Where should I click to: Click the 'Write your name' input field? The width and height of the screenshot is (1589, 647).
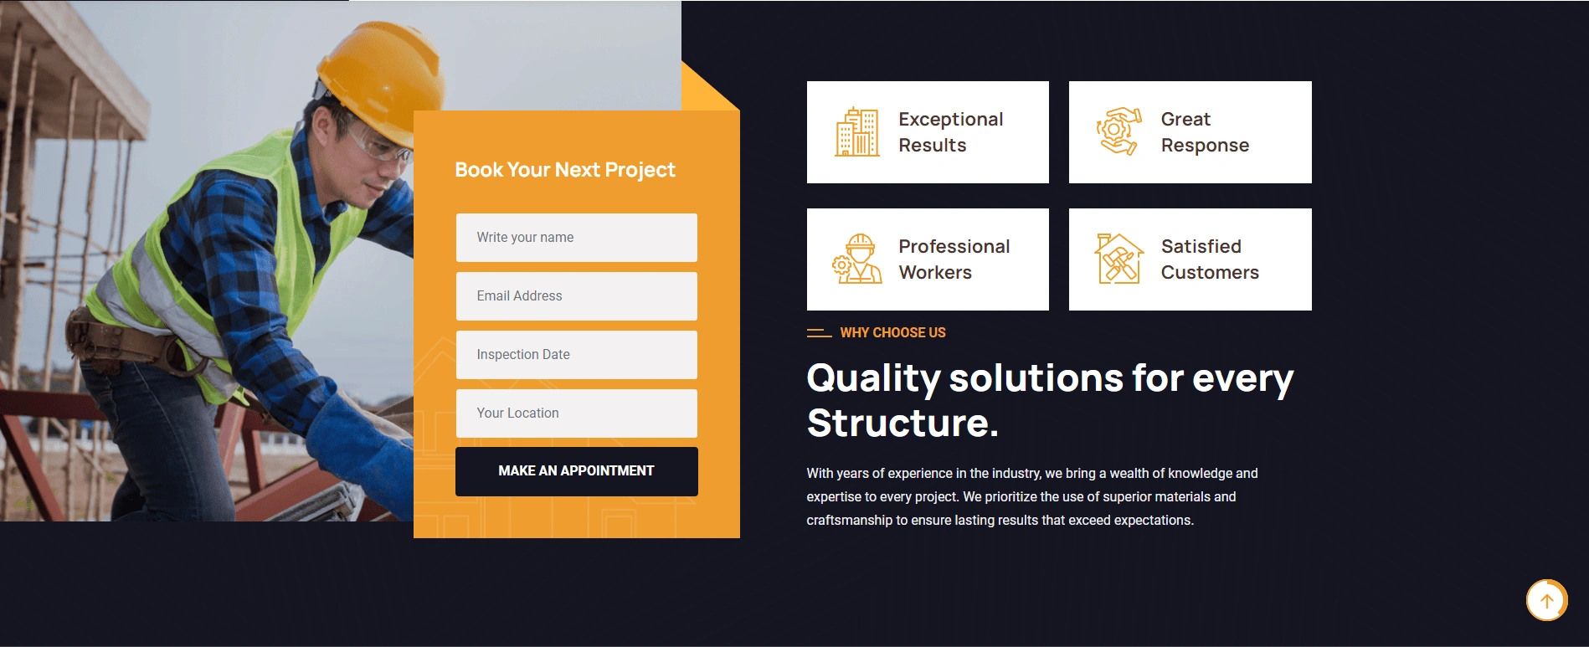[x=576, y=238]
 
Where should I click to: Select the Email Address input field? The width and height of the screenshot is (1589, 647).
[x=576, y=296]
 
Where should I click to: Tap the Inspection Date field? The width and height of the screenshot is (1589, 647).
[x=576, y=355]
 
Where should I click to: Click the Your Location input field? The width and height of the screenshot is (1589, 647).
[x=576, y=413]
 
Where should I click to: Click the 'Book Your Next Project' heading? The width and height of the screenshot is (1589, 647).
[x=565, y=170]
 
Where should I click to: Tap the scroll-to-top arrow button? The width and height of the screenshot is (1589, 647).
[x=1546, y=600]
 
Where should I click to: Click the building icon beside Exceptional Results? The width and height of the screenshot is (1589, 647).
[x=857, y=132]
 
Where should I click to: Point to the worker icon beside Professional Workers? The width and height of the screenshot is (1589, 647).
[x=857, y=259]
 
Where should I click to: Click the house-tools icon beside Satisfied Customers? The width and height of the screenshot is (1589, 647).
[x=1119, y=259]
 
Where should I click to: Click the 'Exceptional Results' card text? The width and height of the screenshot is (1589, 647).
[x=951, y=132]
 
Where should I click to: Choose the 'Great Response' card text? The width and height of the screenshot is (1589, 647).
[x=1205, y=132]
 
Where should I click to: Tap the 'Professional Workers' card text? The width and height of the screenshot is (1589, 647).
[x=954, y=259]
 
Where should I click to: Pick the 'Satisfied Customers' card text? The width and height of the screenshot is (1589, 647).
[x=1210, y=259]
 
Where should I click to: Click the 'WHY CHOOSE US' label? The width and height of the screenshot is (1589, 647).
[x=892, y=333]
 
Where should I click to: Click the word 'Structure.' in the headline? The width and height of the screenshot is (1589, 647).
[x=902, y=424]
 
